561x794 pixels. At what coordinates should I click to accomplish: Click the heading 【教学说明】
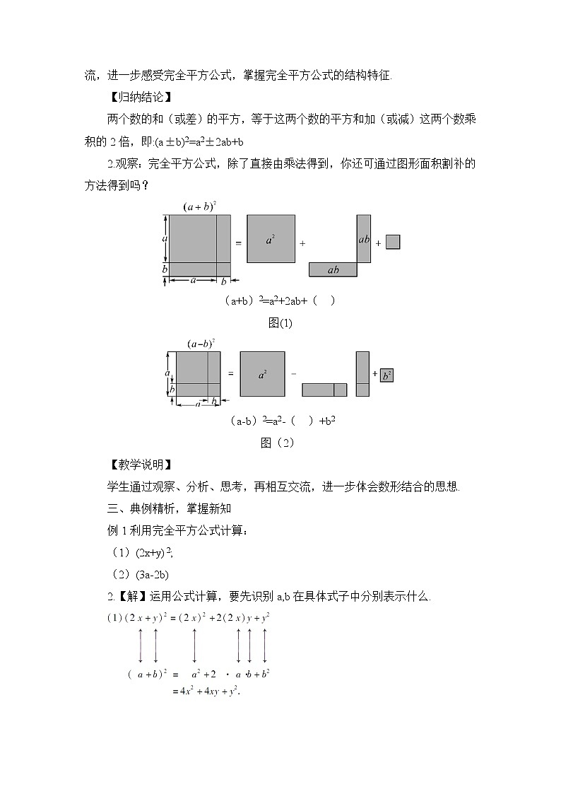(x=138, y=465)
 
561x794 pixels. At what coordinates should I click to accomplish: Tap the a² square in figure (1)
(x=271, y=238)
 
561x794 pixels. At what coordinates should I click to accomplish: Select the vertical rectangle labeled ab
(x=364, y=238)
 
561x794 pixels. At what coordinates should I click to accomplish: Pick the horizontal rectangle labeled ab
(x=333, y=269)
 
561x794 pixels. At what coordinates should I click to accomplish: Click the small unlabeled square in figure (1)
(x=394, y=242)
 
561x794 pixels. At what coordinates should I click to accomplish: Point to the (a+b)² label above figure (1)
(x=199, y=206)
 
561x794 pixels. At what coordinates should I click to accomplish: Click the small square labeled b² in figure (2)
(x=386, y=375)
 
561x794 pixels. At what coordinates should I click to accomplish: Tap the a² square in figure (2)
(x=262, y=374)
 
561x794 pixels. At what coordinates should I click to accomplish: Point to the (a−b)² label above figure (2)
(x=201, y=344)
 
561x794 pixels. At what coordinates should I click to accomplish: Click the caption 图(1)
(x=280, y=323)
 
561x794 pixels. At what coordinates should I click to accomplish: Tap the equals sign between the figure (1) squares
(x=238, y=243)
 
